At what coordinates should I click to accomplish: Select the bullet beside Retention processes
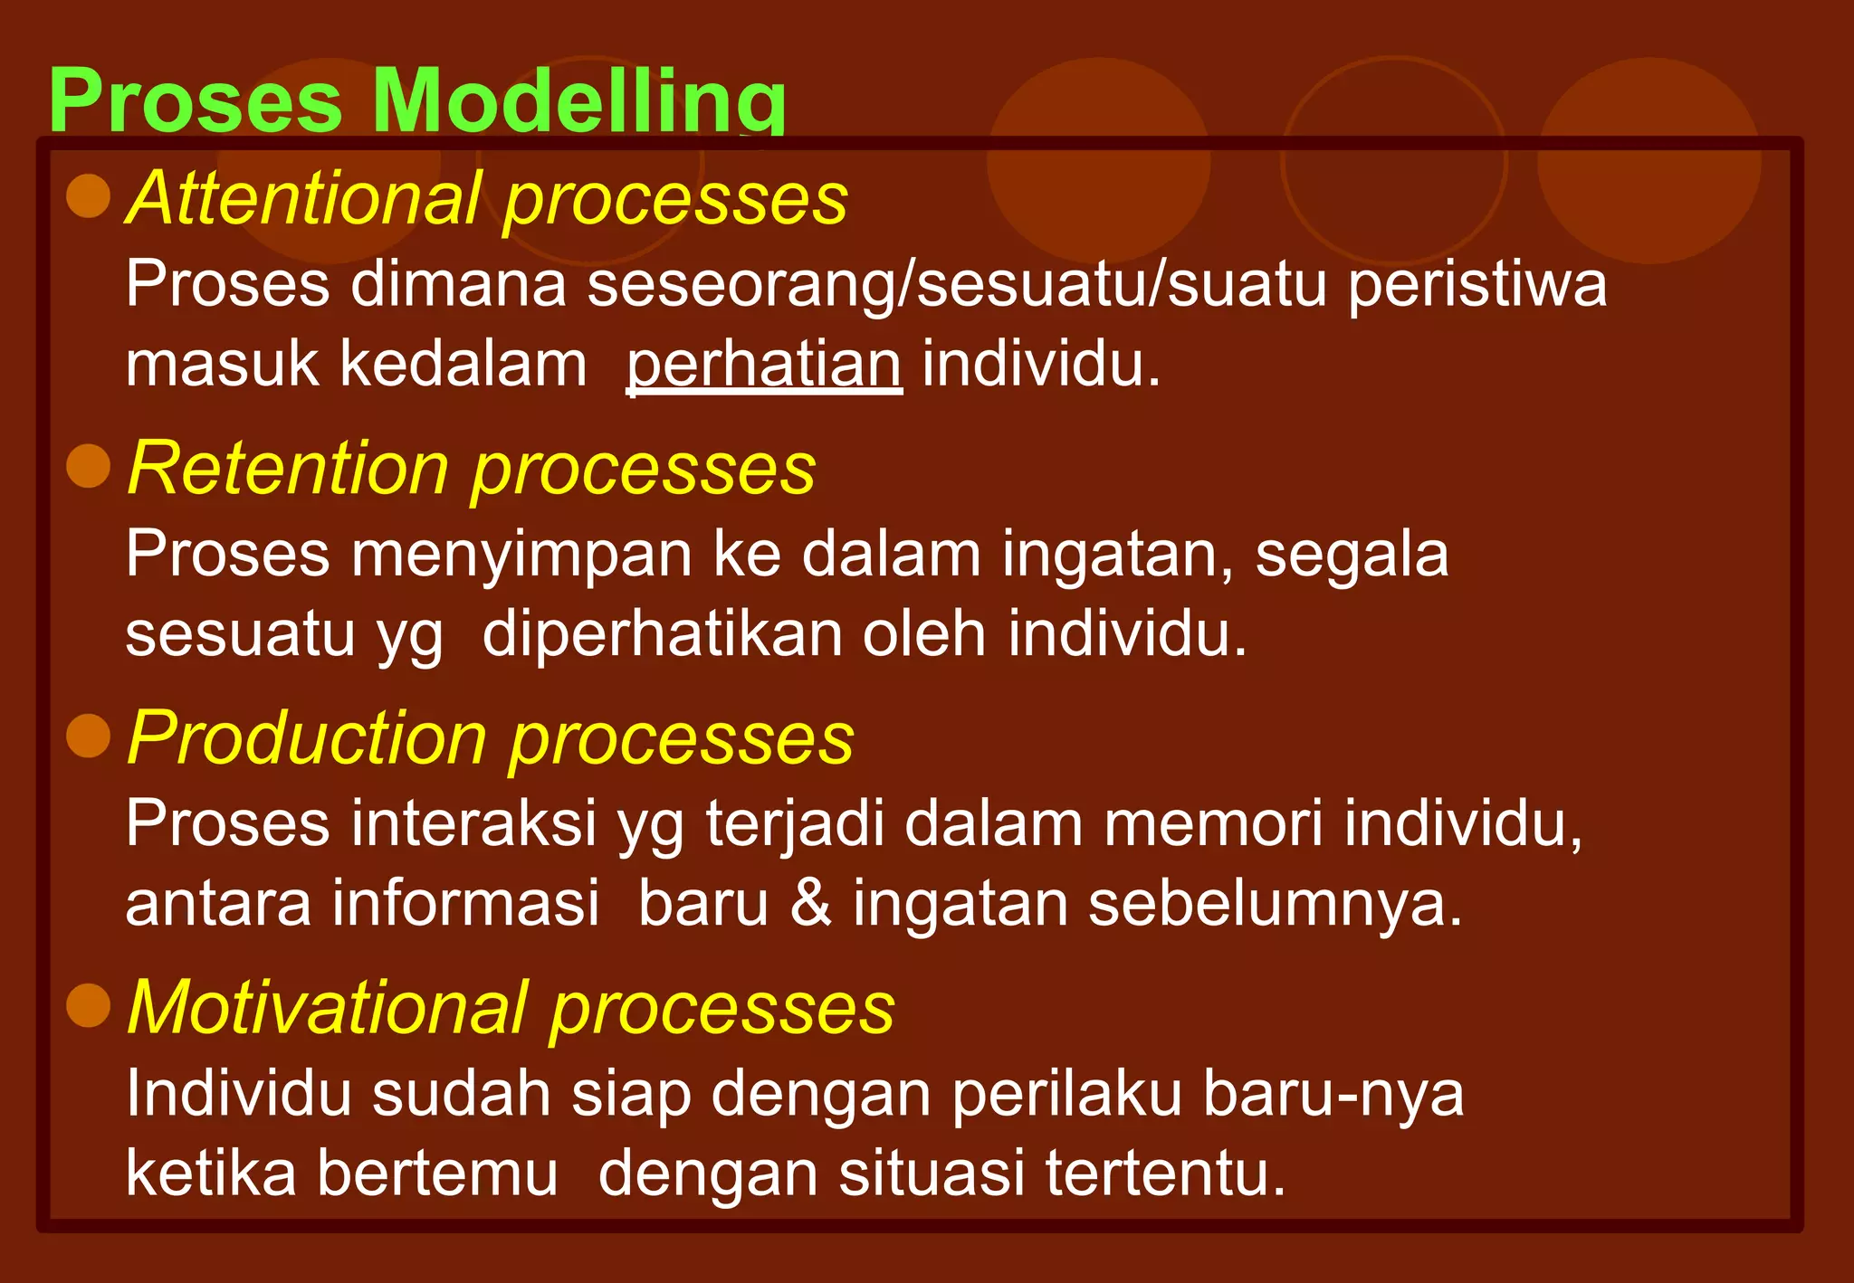point(89,466)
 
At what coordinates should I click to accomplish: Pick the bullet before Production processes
point(89,736)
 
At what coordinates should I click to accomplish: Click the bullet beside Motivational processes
point(89,1005)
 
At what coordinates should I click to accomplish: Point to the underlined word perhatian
point(764,365)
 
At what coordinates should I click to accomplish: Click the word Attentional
point(303,198)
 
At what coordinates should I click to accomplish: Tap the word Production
point(308,737)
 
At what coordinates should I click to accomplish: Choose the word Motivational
point(328,1007)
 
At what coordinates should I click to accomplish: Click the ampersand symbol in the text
point(810,903)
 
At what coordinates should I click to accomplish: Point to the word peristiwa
point(1477,285)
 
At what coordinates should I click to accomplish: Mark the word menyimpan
point(521,555)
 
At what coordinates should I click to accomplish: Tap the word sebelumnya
point(1275,903)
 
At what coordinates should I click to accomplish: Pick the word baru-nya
point(1333,1094)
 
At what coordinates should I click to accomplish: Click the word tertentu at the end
point(1165,1174)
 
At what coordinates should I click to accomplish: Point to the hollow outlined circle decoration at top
point(1393,161)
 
